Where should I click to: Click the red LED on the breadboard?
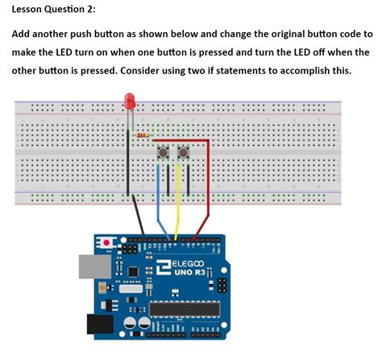pyautogui.click(x=129, y=102)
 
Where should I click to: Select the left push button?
pyautogui.click(x=164, y=152)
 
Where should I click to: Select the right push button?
pyautogui.click(x=185, y=152)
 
